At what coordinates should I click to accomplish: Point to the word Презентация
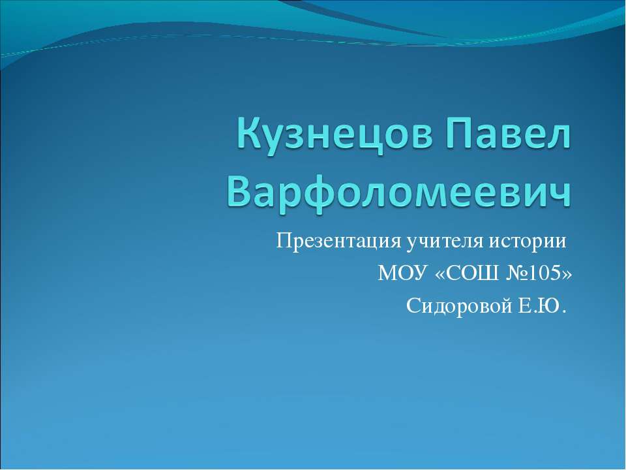[x=337, y=241]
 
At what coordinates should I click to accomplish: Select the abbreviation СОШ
[x=471, y=273]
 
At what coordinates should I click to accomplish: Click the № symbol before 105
[x=515, y=273]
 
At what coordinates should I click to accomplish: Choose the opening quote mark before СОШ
[x=440, y=274]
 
